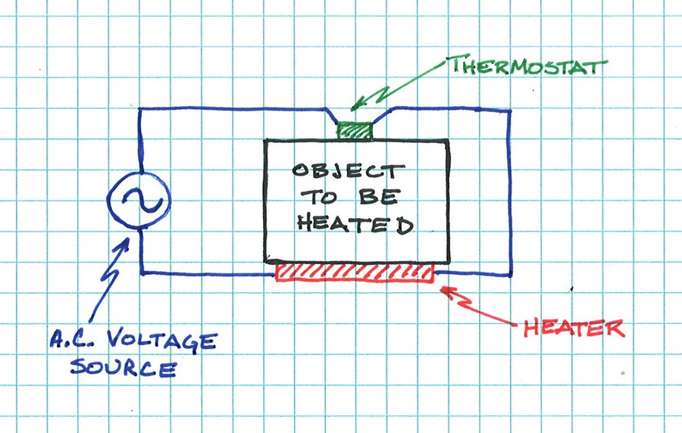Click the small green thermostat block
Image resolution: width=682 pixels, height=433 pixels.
(x=356, y=130)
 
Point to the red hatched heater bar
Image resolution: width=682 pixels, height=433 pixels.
(x=355, y=273)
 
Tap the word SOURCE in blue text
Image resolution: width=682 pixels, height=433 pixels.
(x=124, y=369)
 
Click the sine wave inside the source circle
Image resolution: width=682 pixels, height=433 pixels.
(x=138, y=200)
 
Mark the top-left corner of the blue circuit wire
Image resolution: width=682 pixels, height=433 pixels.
(x=141, y=110)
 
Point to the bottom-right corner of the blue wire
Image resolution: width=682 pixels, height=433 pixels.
(x=511, y=273)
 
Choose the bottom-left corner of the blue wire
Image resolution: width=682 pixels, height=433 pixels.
(x=142, y=271)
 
